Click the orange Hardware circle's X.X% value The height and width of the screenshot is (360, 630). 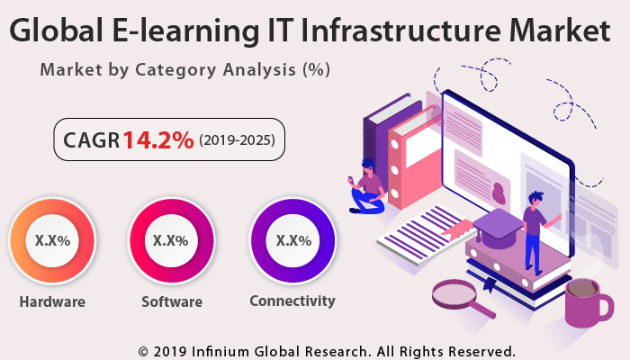tap(52, 240)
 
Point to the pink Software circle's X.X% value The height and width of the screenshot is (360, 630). tap(171, 240)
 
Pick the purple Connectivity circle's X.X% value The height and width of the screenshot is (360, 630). tap(293, 240)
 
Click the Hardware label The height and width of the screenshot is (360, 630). tap(52, 301)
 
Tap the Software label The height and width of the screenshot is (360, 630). tap(171, 301)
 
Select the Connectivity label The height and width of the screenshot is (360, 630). tap(292, 301)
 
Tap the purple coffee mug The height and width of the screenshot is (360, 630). tap(586, 301)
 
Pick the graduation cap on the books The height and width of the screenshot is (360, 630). tap(497, 225)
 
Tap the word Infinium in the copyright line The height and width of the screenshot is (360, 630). tap(233, 349)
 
